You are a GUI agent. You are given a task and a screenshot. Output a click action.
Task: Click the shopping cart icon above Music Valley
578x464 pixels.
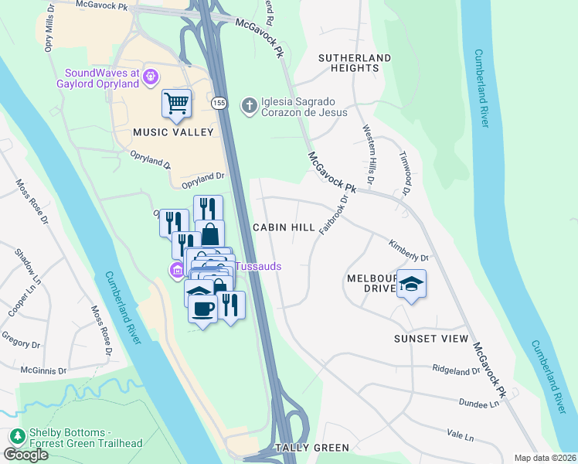(176, 103)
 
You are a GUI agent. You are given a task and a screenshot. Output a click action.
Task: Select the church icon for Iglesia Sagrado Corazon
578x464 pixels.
(249, 104)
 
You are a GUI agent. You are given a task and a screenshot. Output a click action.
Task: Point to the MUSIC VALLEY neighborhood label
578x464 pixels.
(172, 132)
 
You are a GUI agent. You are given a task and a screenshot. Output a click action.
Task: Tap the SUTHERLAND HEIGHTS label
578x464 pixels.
(355, 63)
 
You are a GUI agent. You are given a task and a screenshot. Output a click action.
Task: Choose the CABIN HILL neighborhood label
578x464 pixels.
(284, 228)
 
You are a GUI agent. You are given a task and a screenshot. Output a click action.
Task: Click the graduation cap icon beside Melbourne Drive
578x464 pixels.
(412, 285)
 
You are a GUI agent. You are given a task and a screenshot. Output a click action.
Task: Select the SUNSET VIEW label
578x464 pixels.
(431, 339)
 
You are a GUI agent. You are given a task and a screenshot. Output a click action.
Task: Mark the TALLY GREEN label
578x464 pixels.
(313, 448)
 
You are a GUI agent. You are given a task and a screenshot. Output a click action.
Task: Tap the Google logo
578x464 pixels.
(25, 455)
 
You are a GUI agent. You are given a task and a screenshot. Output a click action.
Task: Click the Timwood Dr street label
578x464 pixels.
(403, 176)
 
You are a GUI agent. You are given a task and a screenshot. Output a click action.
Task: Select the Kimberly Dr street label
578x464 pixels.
(408, 249)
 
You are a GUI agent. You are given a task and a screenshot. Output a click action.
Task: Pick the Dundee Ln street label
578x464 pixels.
(480, 404)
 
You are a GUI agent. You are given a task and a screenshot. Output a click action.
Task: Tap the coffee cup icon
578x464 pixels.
(202, 309)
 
